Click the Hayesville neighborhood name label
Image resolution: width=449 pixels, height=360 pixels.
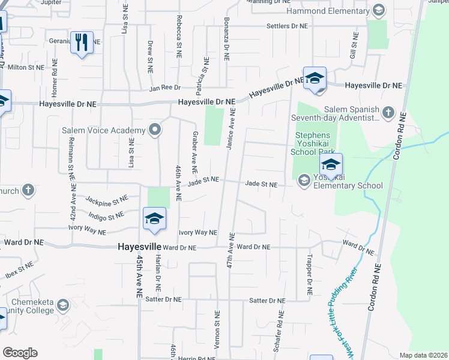139,247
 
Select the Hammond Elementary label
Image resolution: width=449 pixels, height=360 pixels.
328,11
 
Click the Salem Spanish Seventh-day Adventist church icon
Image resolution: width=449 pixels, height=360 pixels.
388,112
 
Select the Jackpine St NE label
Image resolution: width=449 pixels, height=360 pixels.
107,199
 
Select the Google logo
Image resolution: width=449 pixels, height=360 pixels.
20,353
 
